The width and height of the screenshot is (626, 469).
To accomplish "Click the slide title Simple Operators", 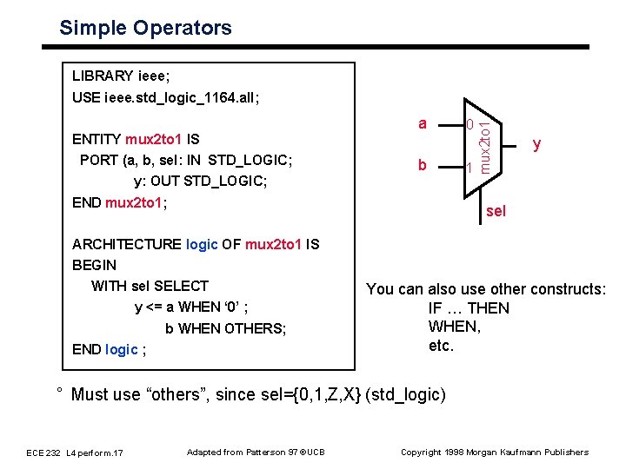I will [x=145, y=28].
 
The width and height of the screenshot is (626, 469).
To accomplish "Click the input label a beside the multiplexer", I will [x=423, y=123].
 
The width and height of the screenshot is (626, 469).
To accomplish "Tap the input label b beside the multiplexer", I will [x=423, y=164].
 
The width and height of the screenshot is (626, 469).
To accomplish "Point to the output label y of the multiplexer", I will [x=537, y=143].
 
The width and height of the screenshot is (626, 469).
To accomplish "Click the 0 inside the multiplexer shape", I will [x=469, y=125].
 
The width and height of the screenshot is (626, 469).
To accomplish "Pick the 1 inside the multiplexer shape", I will [x=469, y=168].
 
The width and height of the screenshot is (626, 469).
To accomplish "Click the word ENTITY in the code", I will [x=97, y=139].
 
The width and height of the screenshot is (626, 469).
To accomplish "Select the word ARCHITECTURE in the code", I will [x=127, y=244].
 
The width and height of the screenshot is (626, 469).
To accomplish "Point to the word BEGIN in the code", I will [x=94, y=265].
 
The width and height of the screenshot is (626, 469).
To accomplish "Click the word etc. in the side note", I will [x=441, y=346].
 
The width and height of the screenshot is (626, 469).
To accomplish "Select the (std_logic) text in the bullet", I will [x=406, y=394].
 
